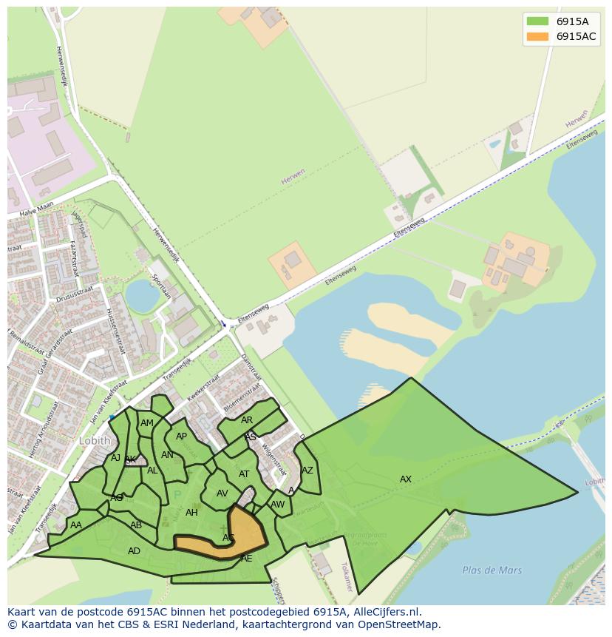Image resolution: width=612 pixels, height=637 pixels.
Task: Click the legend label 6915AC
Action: (576, 36)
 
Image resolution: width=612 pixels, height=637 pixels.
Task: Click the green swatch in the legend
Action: (537, 21)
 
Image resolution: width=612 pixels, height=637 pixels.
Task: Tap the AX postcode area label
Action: (405, 479)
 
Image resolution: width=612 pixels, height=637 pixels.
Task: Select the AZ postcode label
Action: (307, 471)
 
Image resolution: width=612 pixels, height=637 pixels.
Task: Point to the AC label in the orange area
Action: (228, 538)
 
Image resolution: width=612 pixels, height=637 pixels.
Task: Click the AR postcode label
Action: (247, 420)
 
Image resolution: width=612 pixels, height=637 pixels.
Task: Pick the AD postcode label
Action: (134, 551)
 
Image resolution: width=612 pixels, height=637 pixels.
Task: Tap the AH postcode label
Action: (191, 513)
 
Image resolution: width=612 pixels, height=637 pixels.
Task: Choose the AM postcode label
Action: (147, 423)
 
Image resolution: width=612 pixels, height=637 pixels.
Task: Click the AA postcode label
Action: (75, 525)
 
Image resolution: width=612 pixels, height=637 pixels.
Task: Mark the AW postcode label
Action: (277, 505)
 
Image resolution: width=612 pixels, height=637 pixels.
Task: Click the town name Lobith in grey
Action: (95, 441)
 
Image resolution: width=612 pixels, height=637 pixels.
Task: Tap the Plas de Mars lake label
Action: (492, 570)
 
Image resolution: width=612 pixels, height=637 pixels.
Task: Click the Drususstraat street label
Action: (74, 294)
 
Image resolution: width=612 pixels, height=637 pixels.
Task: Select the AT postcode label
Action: (244, 474)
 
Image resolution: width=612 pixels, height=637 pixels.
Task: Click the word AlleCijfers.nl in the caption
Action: (384, 612)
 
